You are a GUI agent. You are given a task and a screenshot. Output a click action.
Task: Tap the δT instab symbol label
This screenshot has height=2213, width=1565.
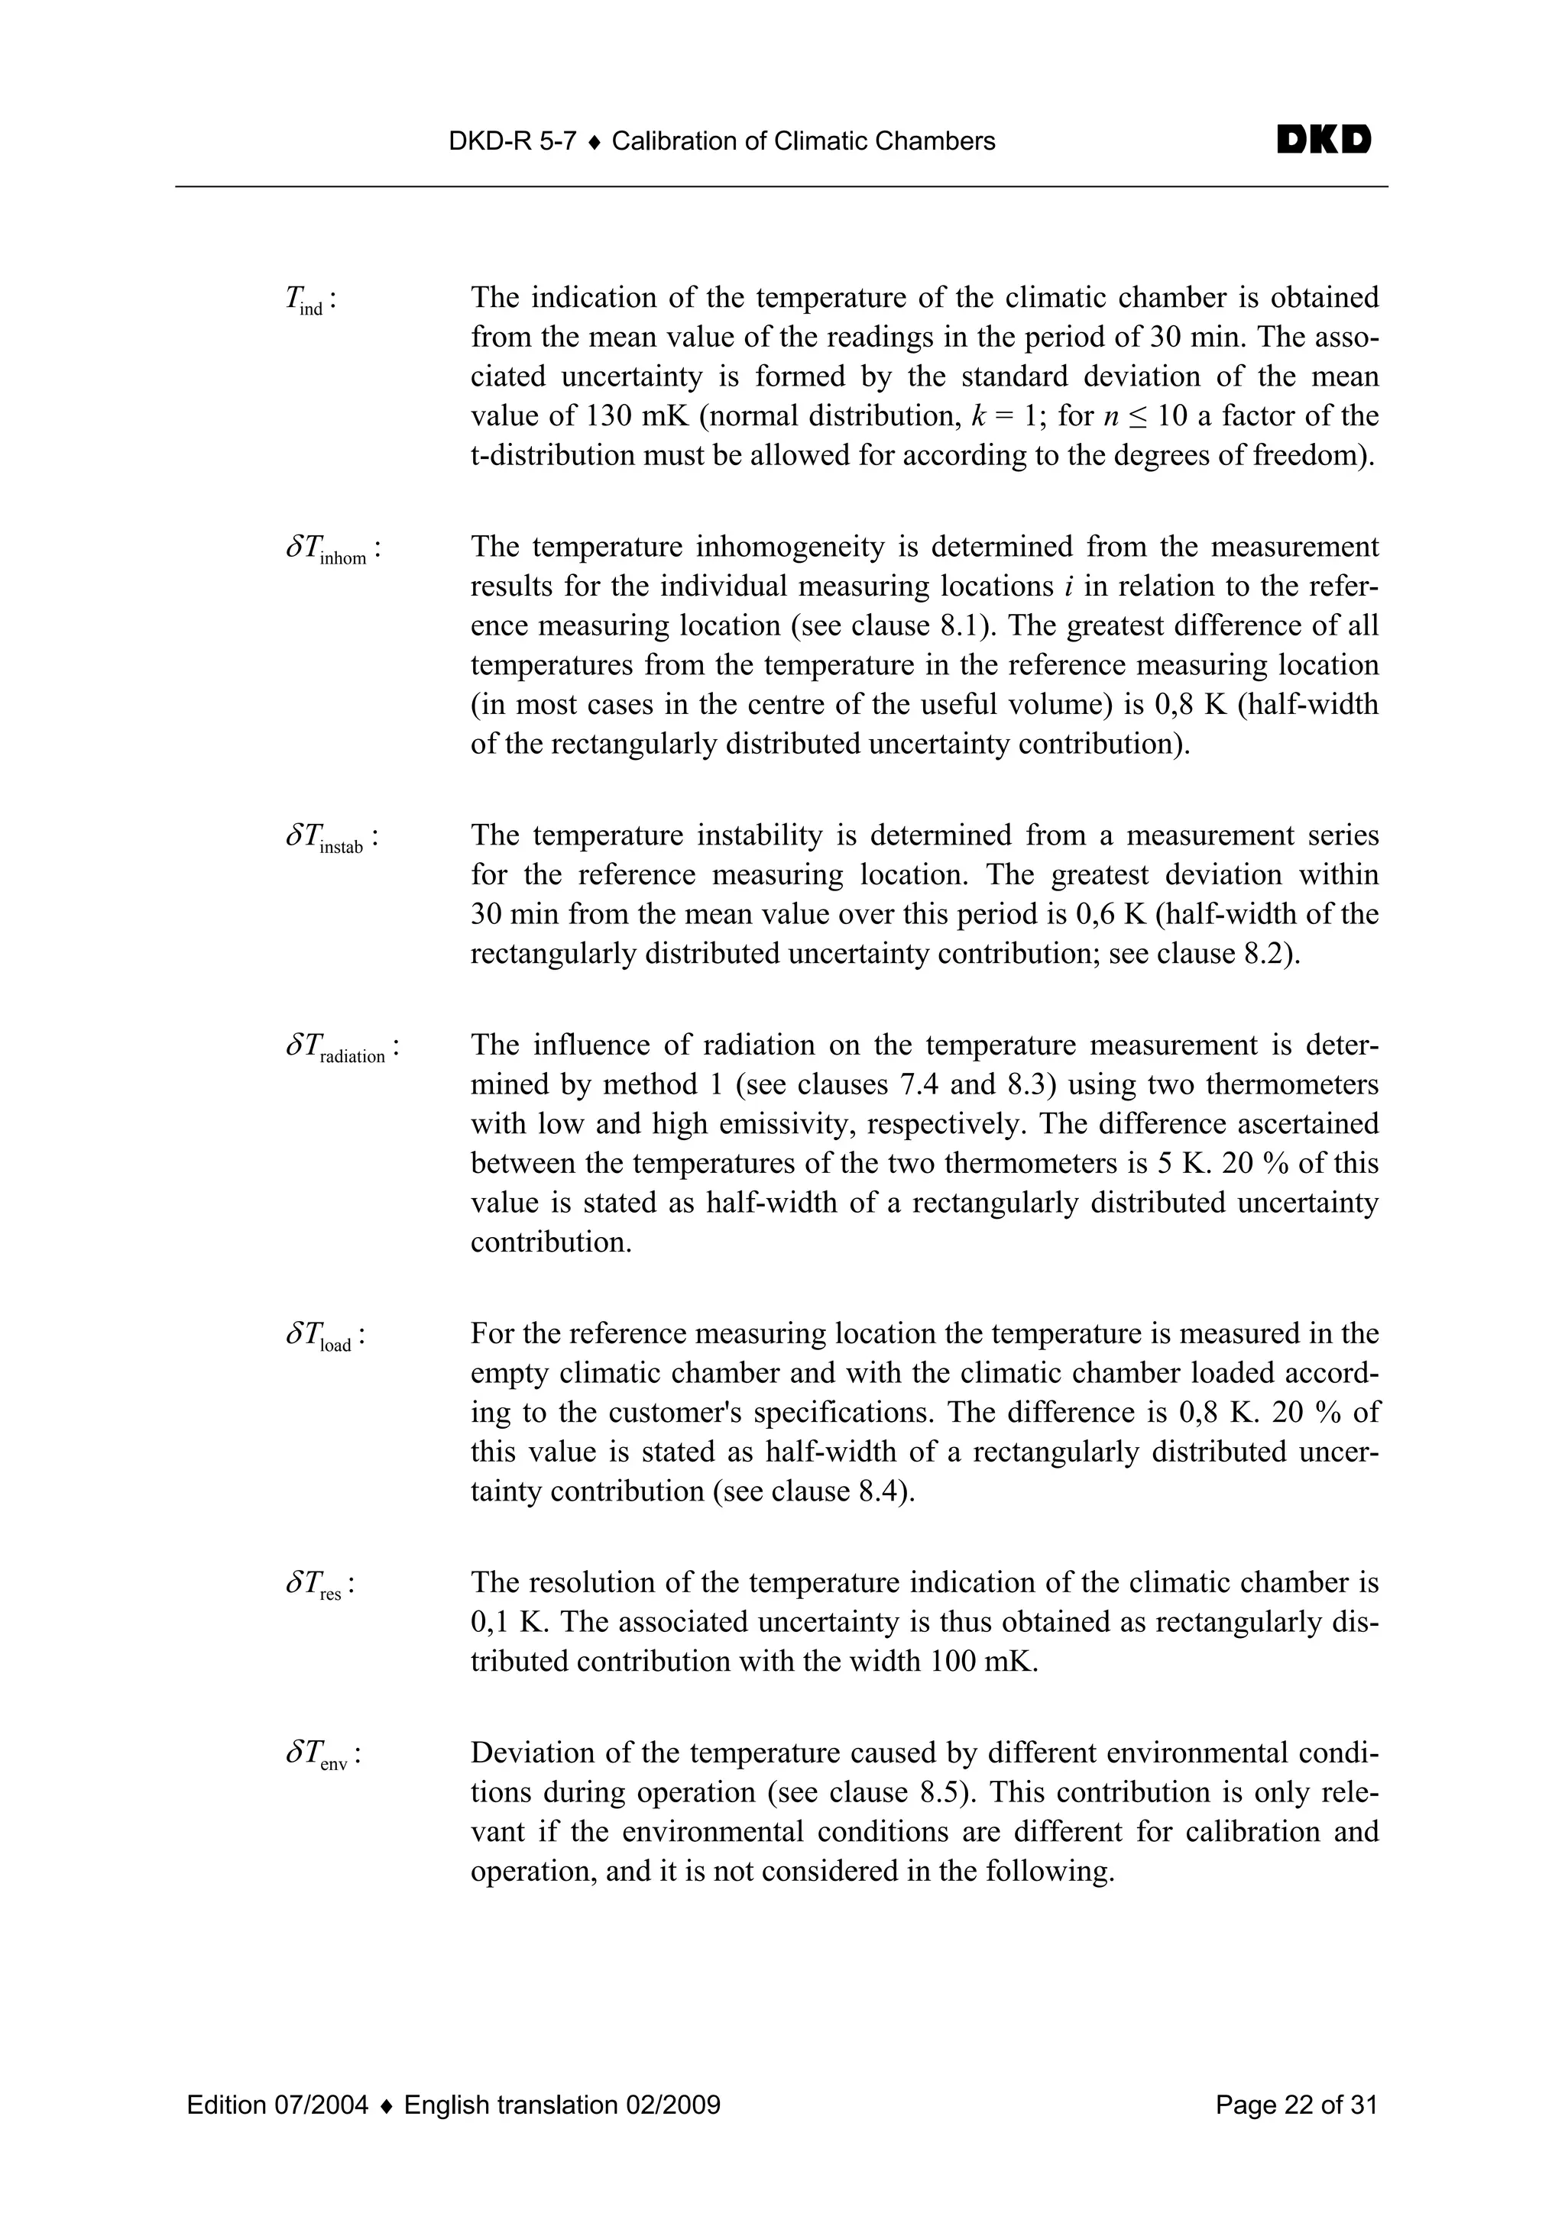(x=329, y=839)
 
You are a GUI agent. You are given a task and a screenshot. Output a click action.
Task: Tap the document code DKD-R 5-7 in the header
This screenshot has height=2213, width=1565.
(x=512, y=142)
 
